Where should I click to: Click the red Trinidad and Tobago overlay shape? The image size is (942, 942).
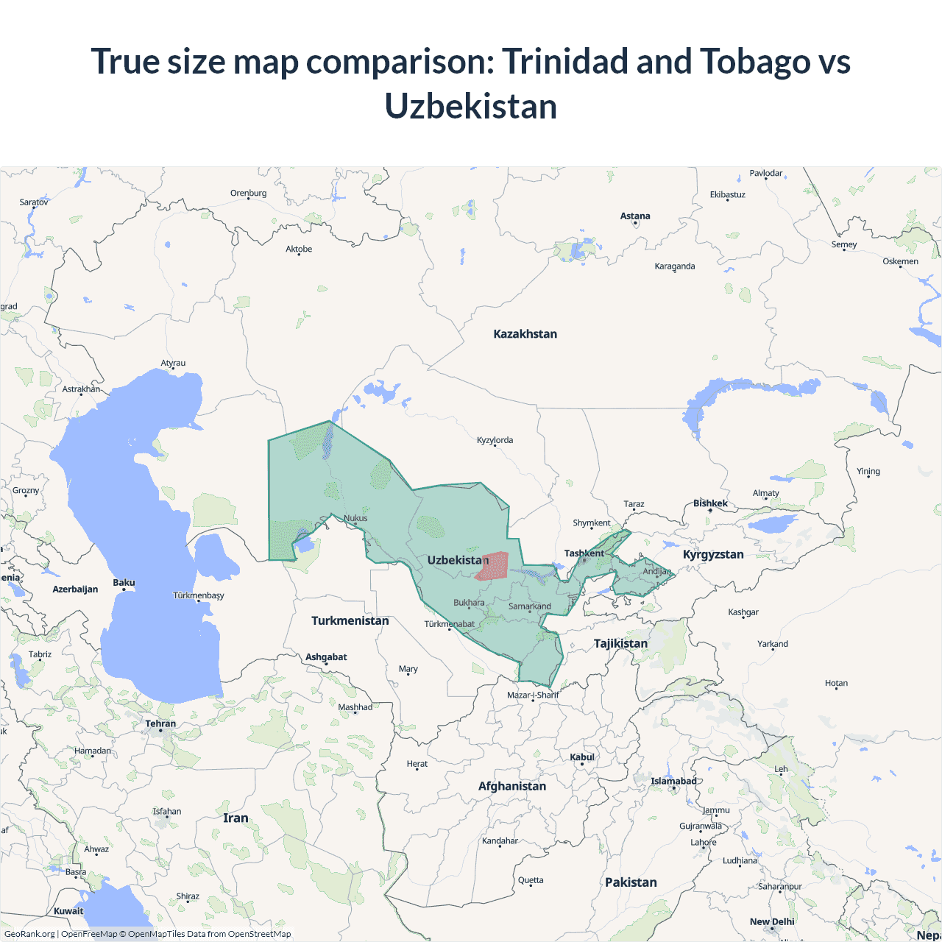coord(492,566)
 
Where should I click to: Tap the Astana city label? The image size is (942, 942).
coord(635,216)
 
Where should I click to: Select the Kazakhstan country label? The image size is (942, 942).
coord(525,334)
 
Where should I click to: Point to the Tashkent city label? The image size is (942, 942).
coord(584,553)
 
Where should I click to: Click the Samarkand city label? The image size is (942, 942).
coord(530,606)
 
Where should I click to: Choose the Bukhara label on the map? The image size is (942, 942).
coord(469,603)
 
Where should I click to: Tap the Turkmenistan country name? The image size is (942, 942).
coord(350,621)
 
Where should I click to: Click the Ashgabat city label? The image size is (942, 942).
coord(326,657)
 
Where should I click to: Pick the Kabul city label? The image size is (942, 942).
coord(582,757)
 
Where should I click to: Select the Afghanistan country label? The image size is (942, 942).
coord(512,787)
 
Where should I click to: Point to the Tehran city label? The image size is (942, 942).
coord(160,724)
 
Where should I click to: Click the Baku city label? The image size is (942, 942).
coord(124,583)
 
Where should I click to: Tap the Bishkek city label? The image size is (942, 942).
coord(710,504)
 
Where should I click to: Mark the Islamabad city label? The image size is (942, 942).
coord(673,782)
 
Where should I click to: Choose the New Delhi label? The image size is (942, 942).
coord(772,922)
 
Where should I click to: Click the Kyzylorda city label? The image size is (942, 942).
coord(495,441)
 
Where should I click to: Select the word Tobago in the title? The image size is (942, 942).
coord(755,62)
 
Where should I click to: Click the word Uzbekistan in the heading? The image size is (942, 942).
coord(471,107)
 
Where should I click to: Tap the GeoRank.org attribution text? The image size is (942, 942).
coord(29,934)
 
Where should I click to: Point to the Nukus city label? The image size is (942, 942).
coord(355,518)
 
